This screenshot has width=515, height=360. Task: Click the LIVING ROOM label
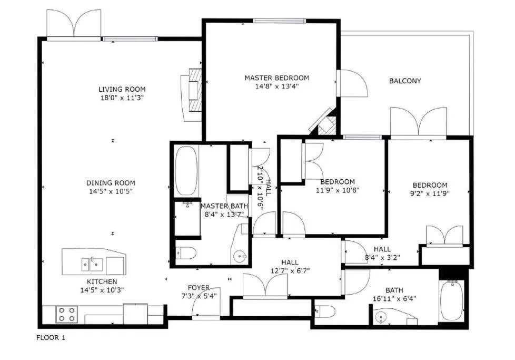pyautogui.click(x=122, y=89)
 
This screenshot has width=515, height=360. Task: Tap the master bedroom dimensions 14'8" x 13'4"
pyautogui.click(x=276, y=86)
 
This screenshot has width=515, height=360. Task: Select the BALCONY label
pyautogui.click(x=405, y=81)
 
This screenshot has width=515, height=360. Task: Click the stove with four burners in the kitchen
pyautogui.click(x=66, y=314)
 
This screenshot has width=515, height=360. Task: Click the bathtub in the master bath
pyautogui.click(x=185, y=171)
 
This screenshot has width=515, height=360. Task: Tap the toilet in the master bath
pyautogui.click(x=185, y=254)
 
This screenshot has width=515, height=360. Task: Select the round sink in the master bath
pyautogui.click(x=241, y=257)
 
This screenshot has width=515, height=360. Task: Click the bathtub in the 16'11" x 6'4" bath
pyautogui.click(x=451, y=300)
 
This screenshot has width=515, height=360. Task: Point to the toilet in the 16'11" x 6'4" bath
pyautogui.click(x=325, y=311)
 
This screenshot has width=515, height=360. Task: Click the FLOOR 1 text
pyautogui.click(x=51, y=337)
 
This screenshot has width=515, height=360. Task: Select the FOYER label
pyautogui.click(x=199, y=287)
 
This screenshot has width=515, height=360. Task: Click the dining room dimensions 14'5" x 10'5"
pyautogui.click(x=111, y=191)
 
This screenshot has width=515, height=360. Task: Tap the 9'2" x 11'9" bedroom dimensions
pyautogui.click(x=430, y=193)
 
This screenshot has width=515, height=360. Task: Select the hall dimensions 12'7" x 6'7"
pyautogui.click(x=289, y=271)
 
